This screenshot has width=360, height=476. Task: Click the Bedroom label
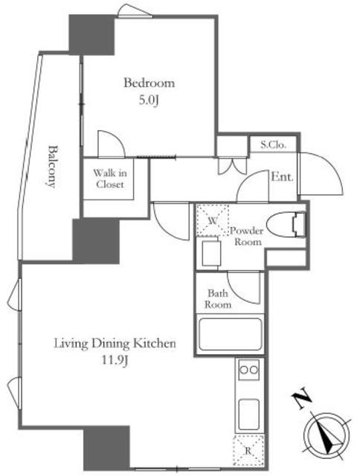(149, 83)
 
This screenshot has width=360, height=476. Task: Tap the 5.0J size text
(149, 100)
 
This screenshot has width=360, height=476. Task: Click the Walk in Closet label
(109, 178)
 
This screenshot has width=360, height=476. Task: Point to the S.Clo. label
(273, 145)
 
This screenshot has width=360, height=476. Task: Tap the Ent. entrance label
(282, 176)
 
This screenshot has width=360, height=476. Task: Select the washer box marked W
(213, 220)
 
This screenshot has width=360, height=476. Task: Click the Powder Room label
(246, 237)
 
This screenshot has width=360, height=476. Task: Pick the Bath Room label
(218, 299)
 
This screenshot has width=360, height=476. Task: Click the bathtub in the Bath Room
(230, 334)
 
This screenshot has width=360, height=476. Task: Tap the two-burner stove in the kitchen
(248, 370)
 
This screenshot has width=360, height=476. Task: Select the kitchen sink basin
(249, 414)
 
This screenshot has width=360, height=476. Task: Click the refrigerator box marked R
(248, 451)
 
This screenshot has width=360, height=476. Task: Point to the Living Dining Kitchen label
(115, 344)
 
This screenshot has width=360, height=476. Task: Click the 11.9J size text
(115, 361)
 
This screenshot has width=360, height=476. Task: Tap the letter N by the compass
(301, 400)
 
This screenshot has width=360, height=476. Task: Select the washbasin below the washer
(211, 254)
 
